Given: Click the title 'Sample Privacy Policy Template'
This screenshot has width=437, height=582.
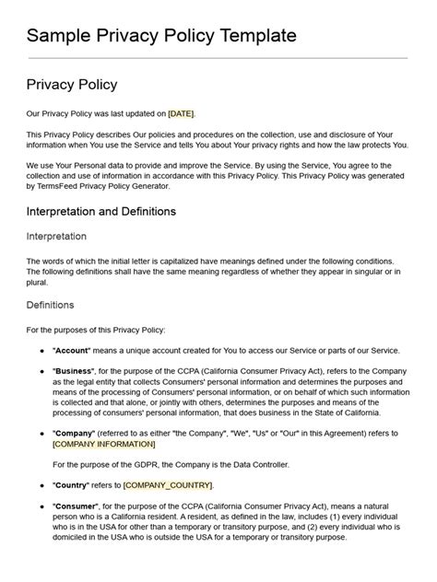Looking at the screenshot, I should [161, 36].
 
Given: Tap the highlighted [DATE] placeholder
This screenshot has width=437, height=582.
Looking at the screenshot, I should [181, 114].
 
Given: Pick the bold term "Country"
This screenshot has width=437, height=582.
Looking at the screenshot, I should [71, 484].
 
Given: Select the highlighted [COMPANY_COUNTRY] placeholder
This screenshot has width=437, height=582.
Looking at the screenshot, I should [168, 484].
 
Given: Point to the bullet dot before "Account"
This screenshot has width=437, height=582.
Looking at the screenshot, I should [41, 351].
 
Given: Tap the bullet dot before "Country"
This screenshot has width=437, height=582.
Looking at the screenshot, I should [41, 484].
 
